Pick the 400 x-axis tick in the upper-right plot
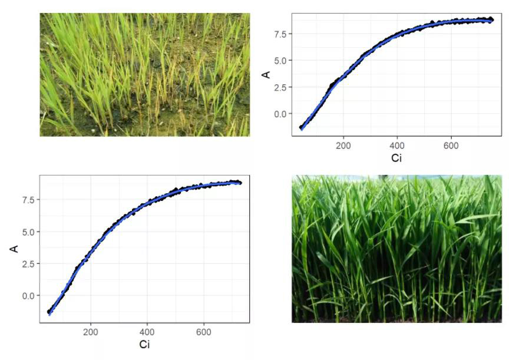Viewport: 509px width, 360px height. pos(398,146)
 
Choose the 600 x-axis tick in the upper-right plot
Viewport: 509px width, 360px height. pos(451,146)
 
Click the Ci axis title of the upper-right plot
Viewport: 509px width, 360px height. pos(396,158)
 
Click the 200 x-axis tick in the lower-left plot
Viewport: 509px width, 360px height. pos(91,332)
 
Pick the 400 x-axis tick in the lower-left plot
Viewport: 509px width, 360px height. pos(147,332)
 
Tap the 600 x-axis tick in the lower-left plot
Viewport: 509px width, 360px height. pos(204,332)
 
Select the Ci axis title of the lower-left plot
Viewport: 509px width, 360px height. pos(144,345)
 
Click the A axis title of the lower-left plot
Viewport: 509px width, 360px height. pos(14,249)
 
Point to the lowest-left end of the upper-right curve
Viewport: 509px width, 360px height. pos(302,128)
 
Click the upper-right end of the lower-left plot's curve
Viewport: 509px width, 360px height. pos(240,183)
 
